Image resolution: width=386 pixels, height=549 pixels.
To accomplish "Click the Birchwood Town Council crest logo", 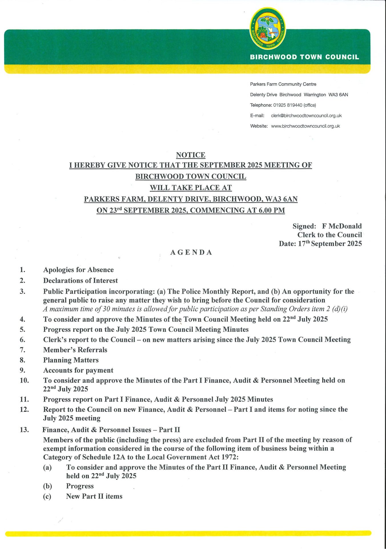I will pyautogui.click(x=268, y=29).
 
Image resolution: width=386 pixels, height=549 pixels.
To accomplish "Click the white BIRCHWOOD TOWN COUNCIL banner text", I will pyautogui.click(x=304, y=57).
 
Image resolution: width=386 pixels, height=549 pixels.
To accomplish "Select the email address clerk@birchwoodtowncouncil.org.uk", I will pyautogui.click(x=306, y=116).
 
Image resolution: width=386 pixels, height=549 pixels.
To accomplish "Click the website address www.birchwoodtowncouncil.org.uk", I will pyautogui.click(x=305, y=126).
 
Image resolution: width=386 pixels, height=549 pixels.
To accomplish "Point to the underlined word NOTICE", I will pyautogui.click(x=190, y=155).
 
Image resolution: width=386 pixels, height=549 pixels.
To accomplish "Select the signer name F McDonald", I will pyautogui.click(x=342, y=226).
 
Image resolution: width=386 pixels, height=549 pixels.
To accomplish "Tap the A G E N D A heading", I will pyautogui.click(x=191, y=252).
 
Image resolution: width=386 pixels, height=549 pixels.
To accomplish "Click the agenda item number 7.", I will pyautogui.click(x=23, y=350).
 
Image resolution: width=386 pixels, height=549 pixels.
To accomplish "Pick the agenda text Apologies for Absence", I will pyautogui.click(x=78, y=270).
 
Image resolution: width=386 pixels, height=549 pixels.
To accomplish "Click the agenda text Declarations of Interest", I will pyautogui.click(x=80, y=281).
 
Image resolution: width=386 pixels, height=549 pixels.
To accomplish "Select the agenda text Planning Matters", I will pyautogui.click(x=71, y=360).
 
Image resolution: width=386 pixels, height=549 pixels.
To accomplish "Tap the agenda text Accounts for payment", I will pyautogui.click(x=78, y=371).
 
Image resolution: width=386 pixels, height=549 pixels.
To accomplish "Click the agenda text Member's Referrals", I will pyautogui.click(x=75, y=350).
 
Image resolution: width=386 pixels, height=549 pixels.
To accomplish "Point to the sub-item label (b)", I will pyautogui.click(x=47, y=486).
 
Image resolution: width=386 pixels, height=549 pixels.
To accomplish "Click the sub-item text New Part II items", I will pyautogui.click(x=94, y=496).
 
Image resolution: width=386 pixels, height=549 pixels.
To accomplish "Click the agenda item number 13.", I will pyautogui.click(x=24, y=430).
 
